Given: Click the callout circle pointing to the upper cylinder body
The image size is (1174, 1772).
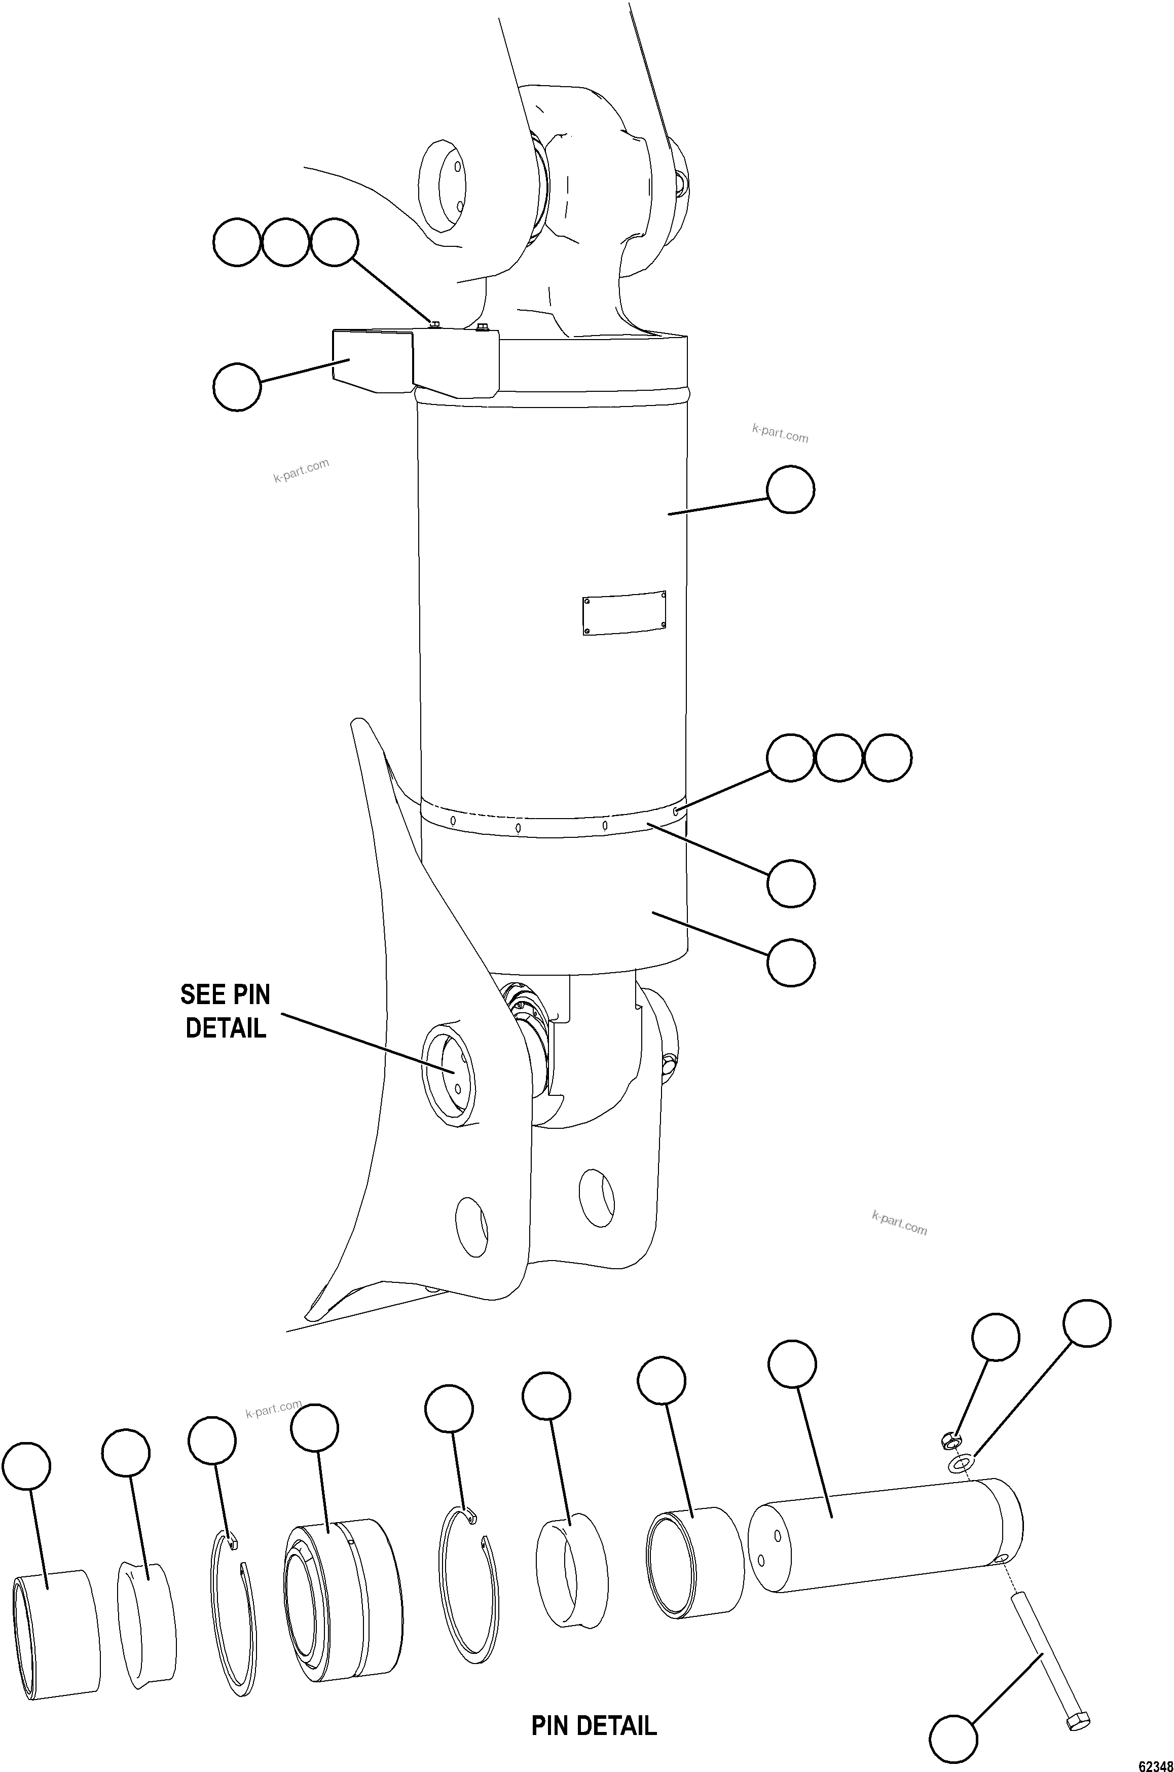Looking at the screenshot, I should [791, 490].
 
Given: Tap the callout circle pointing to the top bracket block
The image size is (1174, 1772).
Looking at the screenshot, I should [237, 386].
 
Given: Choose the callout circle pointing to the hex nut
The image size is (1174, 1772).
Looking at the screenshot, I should [995, 1336].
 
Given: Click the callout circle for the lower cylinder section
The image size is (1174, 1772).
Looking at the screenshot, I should [791, 963].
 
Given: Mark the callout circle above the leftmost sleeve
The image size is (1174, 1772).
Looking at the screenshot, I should [26, 1466].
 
